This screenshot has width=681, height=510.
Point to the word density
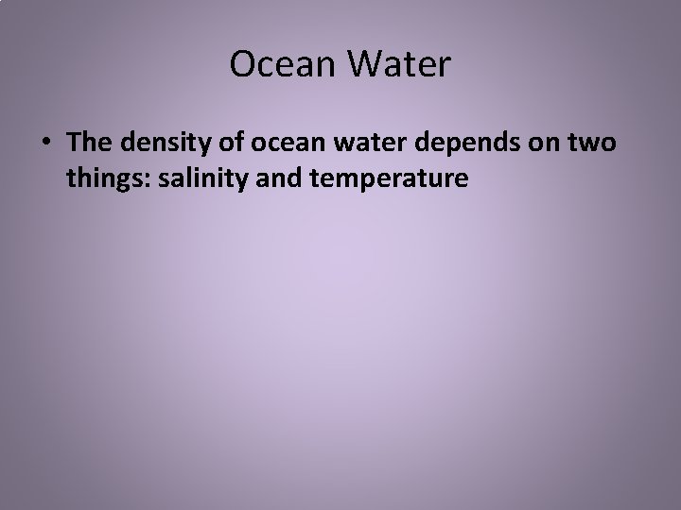tap(157, 143)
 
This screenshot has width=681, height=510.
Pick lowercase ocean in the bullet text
tap(271, 143)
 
